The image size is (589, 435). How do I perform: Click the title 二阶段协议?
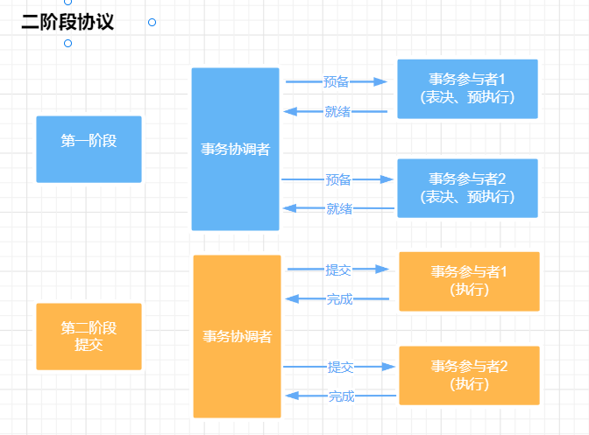point(67,22)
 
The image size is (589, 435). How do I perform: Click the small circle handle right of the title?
point(152,22)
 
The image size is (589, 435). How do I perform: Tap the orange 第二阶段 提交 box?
point(89,336)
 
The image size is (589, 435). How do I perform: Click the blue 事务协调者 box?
point(235,149)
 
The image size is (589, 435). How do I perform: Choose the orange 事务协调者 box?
point(237,336)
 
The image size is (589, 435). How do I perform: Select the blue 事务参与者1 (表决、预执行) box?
point(467,88)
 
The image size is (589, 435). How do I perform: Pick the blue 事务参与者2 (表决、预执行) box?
point(467,188)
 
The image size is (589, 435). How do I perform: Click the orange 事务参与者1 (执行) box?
point(469,281)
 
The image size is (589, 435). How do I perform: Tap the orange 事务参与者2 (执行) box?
point(469,375)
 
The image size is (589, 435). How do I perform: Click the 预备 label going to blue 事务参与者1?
point(336,82)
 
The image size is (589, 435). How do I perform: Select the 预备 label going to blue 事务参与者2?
point(337,179)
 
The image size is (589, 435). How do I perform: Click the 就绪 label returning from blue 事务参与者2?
point(339,208)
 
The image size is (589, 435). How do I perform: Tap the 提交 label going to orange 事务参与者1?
point(338,270)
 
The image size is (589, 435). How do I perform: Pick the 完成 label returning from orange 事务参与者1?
point(339,299)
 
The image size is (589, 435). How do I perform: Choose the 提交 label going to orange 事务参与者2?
point(340,367)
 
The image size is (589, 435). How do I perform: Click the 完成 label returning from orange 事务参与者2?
point(341,396)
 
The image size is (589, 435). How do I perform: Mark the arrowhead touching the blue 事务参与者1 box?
point(380,81)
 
